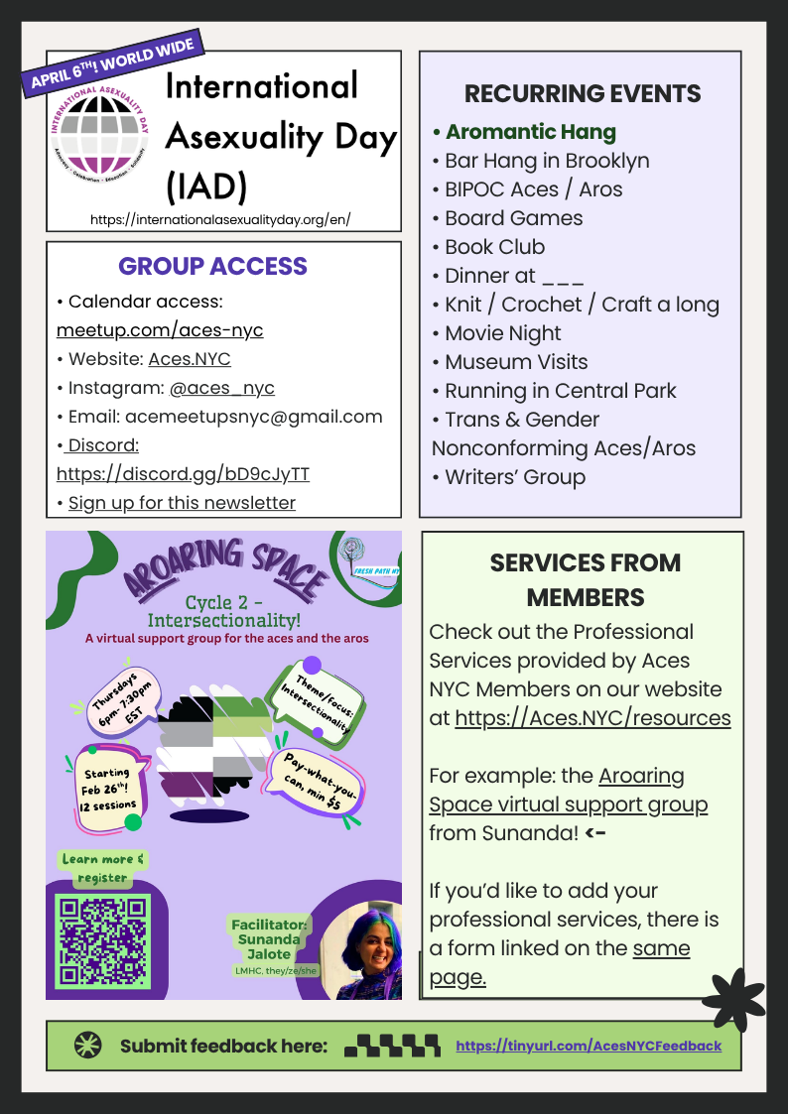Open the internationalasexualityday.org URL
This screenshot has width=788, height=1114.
[220, 219]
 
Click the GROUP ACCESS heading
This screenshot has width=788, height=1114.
[212, 266]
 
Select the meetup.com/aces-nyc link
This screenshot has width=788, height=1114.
[160, 330]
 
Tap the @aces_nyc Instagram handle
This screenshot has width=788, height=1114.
[222, 388]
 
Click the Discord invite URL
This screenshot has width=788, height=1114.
[183, 474]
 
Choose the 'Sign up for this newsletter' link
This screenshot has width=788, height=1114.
[182, 503]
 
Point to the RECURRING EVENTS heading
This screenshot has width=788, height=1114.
[583, 94]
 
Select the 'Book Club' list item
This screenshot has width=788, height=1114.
[494, 247]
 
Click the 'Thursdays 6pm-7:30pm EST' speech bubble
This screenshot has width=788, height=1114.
[115, 700]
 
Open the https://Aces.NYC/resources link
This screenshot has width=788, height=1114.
[592, 717]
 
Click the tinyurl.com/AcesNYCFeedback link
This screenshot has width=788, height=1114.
[589, 1046]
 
